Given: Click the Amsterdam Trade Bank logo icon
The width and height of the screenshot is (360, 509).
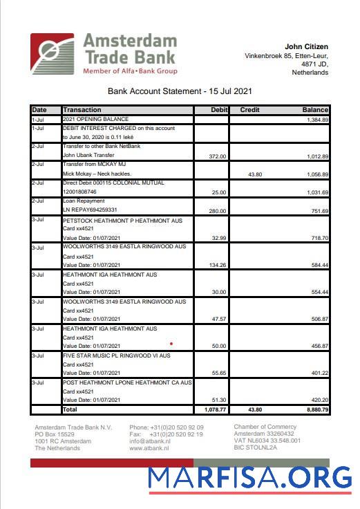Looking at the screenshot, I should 52,55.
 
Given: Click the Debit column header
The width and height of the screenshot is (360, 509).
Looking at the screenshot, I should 218,110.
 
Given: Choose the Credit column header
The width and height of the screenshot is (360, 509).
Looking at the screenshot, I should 249,110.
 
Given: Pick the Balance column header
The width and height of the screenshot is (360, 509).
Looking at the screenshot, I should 314,110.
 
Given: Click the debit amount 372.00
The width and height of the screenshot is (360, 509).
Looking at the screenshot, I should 218,156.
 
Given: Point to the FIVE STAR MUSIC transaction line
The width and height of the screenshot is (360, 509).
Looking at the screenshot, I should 116,355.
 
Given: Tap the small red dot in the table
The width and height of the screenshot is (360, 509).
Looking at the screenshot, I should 171,342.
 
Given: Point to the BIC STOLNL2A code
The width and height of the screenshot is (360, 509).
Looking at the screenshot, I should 255,447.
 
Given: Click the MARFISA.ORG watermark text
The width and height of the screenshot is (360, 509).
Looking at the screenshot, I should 250,478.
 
